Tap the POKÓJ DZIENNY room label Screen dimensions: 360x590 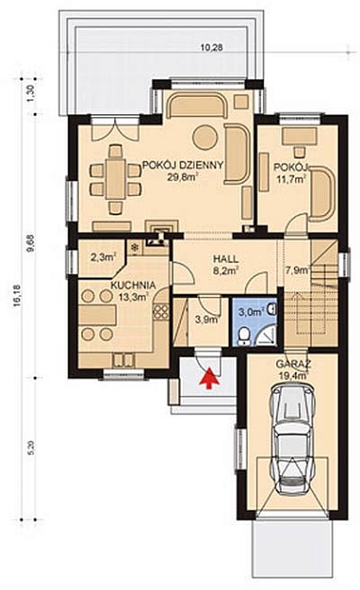[182, 165]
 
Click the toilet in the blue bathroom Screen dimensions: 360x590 [245, 335]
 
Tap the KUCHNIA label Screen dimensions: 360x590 [133, 285]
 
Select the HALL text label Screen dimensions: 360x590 [226, 259]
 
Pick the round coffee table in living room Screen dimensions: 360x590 [205, 137]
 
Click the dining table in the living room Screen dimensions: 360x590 [115, 179]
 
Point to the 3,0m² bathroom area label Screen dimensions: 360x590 [250, 311]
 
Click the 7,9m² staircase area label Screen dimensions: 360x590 [298, 270]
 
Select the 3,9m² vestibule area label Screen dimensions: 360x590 [207, 320]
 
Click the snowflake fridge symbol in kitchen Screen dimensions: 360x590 [133, 247]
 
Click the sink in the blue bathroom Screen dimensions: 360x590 [272, 309]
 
